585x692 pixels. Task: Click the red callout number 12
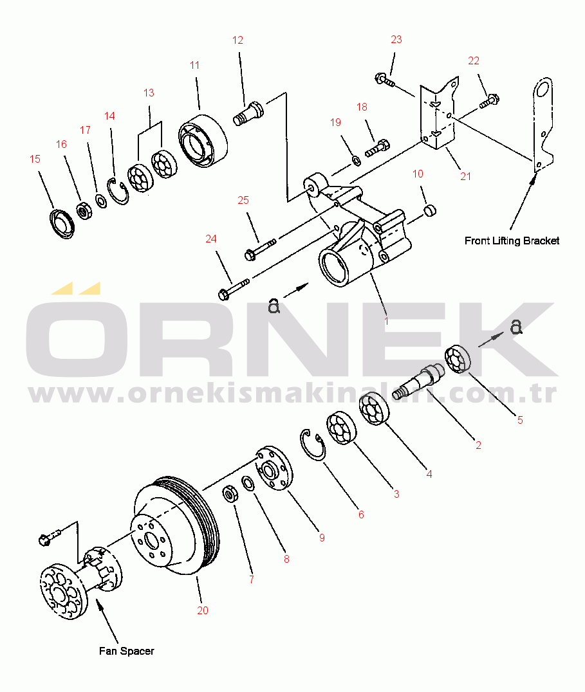237,40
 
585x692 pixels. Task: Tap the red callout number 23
396,40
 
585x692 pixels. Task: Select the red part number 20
203,610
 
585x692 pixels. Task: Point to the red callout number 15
35,159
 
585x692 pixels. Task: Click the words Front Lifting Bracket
512,241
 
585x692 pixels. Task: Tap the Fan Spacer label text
127,651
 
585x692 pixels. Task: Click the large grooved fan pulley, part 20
175,525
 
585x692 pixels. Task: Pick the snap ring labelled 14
118,192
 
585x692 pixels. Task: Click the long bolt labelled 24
234,287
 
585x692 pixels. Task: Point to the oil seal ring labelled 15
61,224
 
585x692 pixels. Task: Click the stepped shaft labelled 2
418,381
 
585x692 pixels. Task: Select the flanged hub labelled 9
275,468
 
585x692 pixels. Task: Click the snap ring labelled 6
313,444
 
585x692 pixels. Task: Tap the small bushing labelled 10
430,210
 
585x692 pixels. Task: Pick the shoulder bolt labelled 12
248,113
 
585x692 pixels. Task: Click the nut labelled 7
230,493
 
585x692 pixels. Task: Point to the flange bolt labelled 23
385,80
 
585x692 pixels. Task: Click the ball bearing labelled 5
458,359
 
